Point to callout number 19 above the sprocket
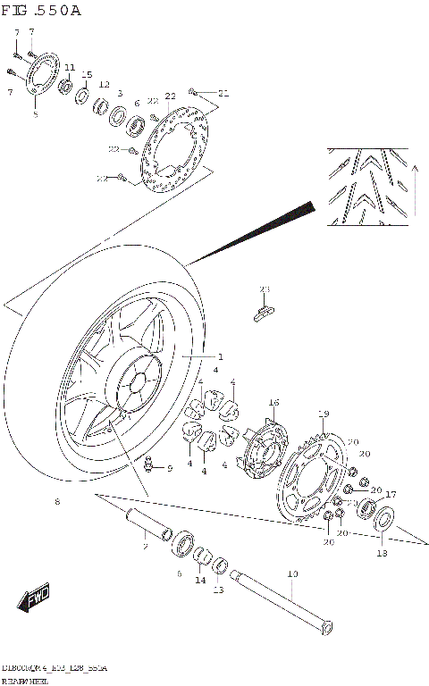point(324,413)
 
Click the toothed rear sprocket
point(310,481)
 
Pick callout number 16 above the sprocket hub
point(273,403)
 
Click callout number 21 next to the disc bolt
point(223,93)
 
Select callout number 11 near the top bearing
point(70,68)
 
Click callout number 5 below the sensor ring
point(36,114)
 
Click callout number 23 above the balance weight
point(264,289)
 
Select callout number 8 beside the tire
point(57,503)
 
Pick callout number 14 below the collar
point(200,579)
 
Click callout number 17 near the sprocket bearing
point(390,494)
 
